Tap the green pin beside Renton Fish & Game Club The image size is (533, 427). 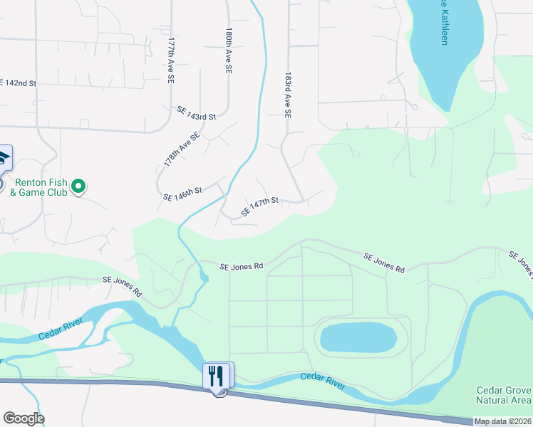pyautogui.click(x=80, y=186)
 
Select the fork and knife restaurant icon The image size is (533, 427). pyautogui.click(x=218, y=375)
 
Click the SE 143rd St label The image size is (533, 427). pyautogui.click(x=196, y=113)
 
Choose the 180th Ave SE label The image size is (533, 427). pyautogui.click(x=229, y=52)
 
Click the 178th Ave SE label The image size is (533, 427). pyautogui.click(x=182, y=149)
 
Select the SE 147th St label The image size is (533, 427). pyautogui.click(x=259, y=207)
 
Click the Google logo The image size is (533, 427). pyautogui.click(x=24, y=418)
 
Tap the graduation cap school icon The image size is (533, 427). pyautogui.click(x=3, y=158)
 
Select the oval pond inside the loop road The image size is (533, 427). pyautogui.click(x=358, y=338)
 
